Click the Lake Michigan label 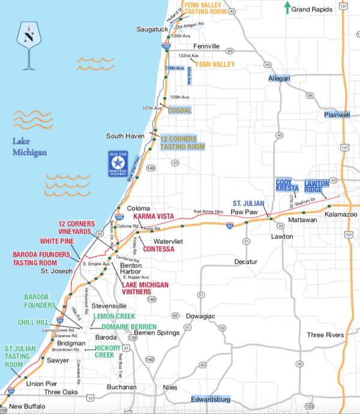coord(29,147)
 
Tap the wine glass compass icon coord(28,42)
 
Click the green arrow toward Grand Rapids coord(287,8)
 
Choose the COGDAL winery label coord(179,110)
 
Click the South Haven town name coord(125,136)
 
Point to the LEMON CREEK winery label coord(114,316)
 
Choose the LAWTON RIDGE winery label coord(317,186)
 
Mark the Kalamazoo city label coord(341,214)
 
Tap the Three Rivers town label coord(325,335)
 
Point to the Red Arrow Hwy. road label coord(208,212)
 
